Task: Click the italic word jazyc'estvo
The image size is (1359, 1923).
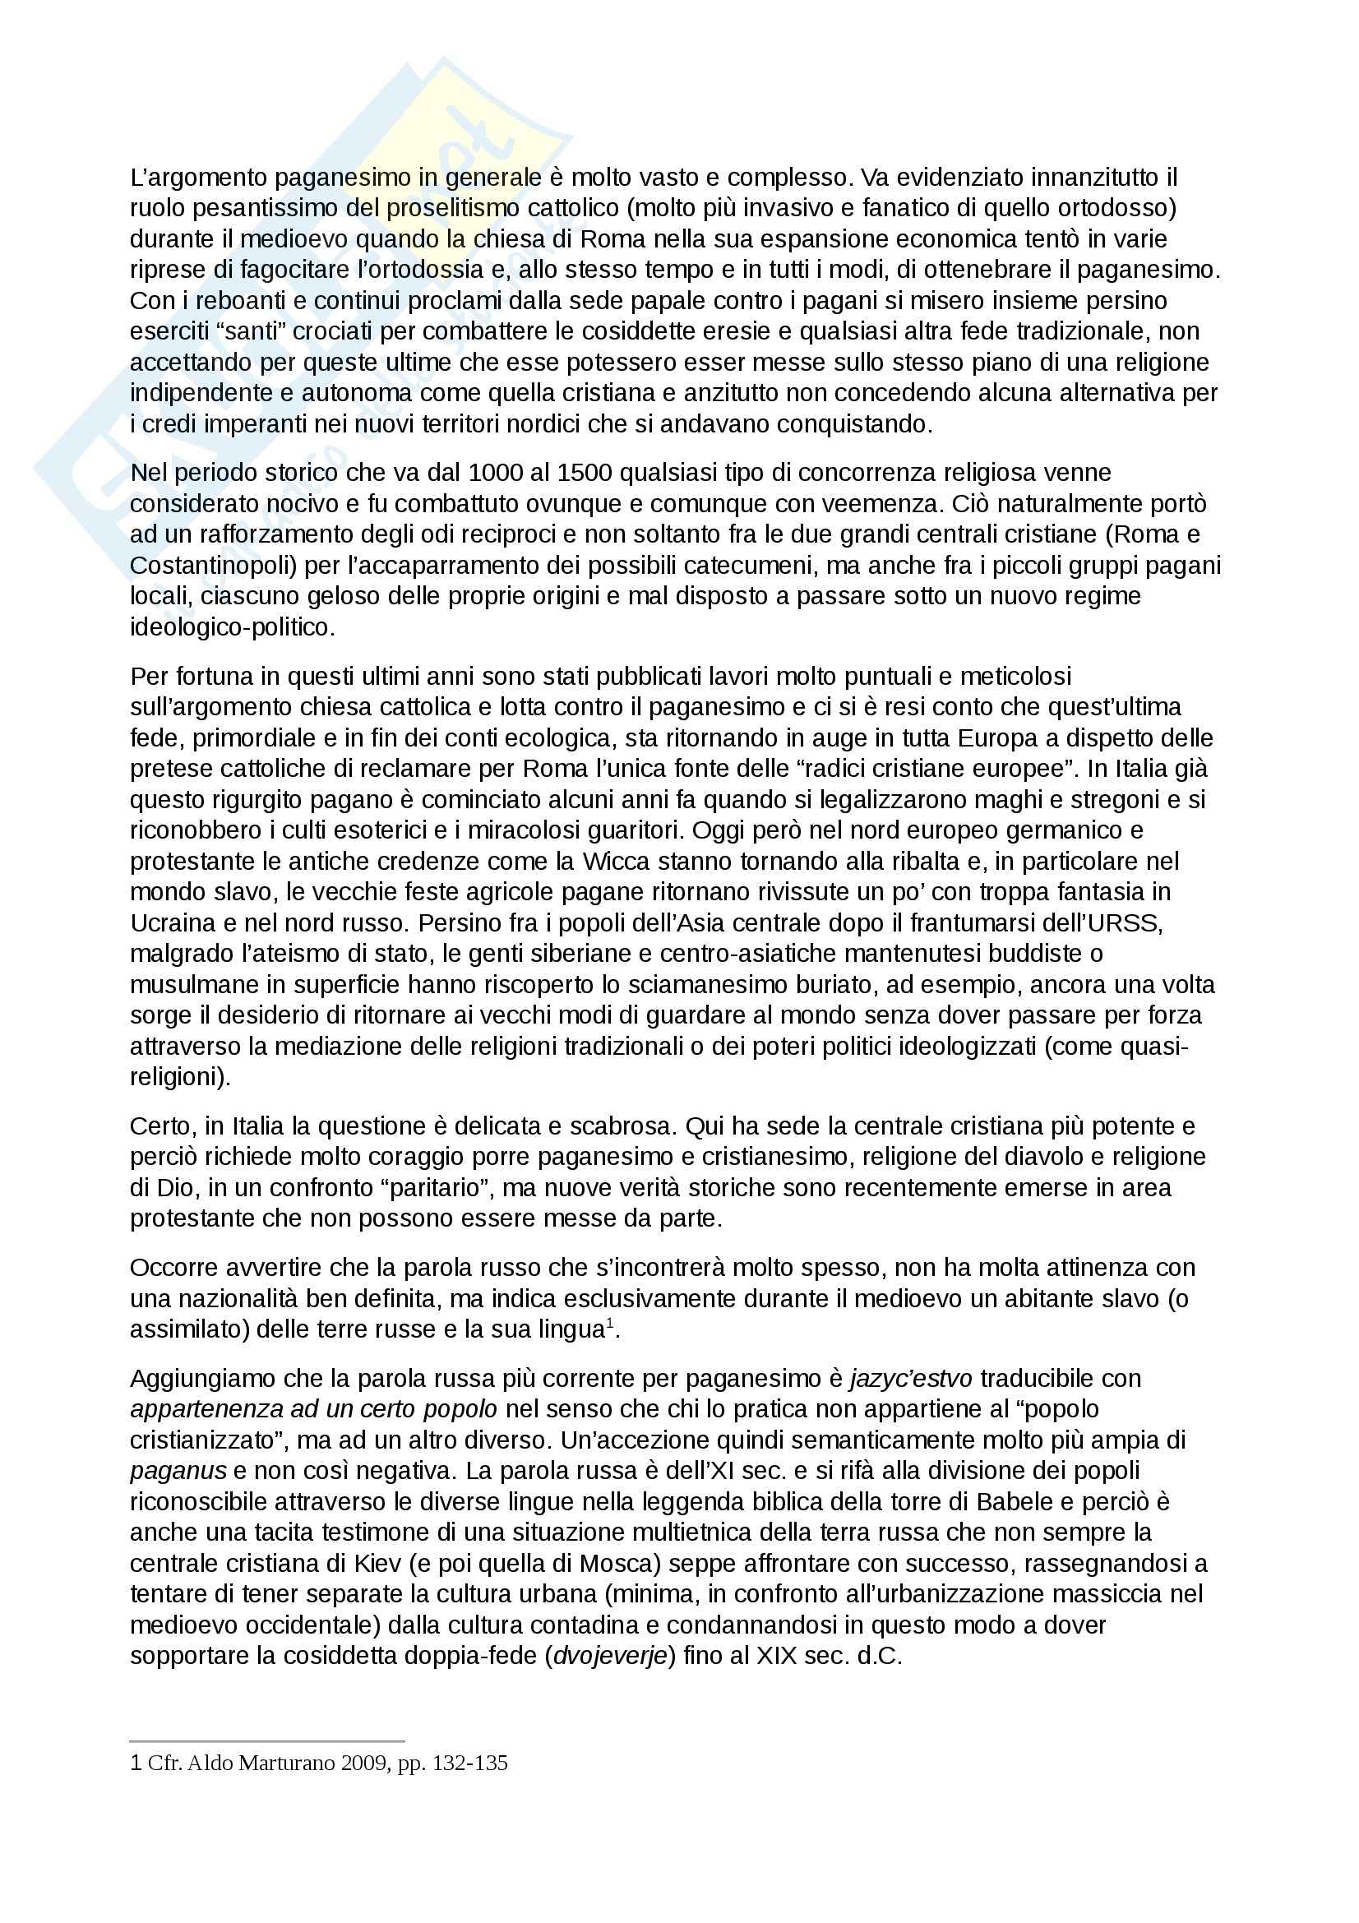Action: click(x=911, y=1378)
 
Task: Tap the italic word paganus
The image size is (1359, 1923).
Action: click(x=178, y=1470)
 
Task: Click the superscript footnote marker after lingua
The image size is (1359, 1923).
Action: click(x=611, y=1324)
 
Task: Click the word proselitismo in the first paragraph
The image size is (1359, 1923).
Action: click(x=453, y=208)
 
